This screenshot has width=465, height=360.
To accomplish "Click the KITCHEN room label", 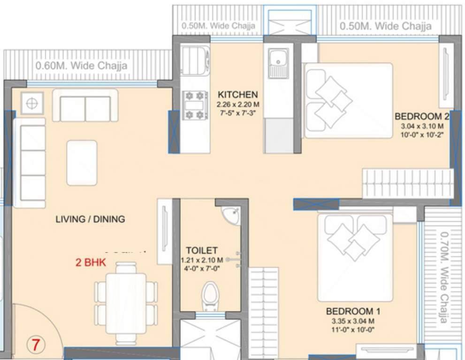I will click(x=237, y=94).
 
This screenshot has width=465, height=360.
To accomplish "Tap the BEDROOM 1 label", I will click(x=353, y=311).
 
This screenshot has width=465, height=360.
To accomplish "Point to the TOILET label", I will click(x=201, y=250).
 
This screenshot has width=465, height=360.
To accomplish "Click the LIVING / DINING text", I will click(x=90, y=219).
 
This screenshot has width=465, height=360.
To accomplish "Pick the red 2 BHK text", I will click(x=91, y=262).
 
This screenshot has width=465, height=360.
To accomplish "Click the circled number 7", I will click(x=36, y=345).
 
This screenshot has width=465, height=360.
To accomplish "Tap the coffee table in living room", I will click(x=82, y=163).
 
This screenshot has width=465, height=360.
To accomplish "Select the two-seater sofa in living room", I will click(x=85, y=106).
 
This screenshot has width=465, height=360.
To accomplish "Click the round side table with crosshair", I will click(x=32, y=103).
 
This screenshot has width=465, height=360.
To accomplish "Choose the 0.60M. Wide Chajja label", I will click(x=81, y=66).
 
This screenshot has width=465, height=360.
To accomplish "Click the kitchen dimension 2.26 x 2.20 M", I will click(x=237, y=105).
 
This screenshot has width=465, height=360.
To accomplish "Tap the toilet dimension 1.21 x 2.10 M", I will click(x=201, y=260).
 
